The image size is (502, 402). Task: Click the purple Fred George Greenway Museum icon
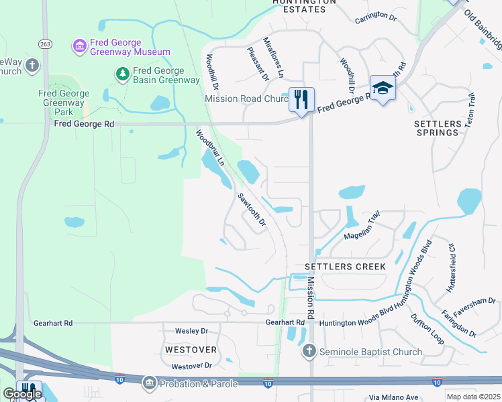pyautogui.click(x=79, y=46)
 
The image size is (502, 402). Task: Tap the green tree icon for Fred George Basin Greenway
pyautogui.click(x=122, y=74)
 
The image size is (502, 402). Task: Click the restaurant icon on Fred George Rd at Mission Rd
pyautogui.click(x=300, y=100)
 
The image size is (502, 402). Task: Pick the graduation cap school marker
pyautogui.click(x=382, y=88)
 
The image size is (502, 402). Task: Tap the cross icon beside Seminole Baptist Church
pyautogui.click(x=309, y=351)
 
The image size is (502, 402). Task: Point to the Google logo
pyautogui.click(x=23, y=394)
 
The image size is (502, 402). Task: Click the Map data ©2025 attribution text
pyautogui.click(x=473, y=397)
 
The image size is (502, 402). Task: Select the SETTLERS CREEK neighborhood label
pyautogui.click(x=345, y=267)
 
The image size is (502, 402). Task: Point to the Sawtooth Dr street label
pyautogui.click(x=252, y=210)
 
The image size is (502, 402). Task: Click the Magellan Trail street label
pyautogui.click(x=362, y=228)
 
